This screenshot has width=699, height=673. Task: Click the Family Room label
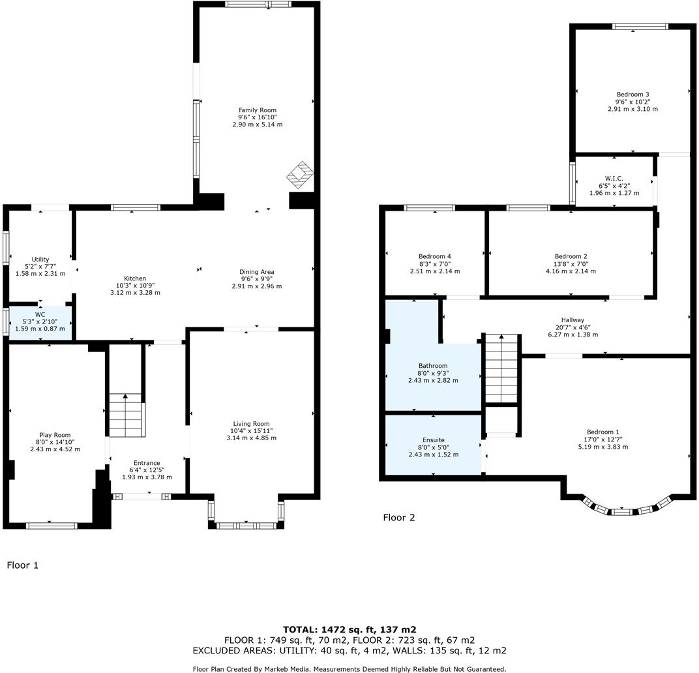pos(257,110)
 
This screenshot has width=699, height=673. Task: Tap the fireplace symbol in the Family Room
pos(300,173)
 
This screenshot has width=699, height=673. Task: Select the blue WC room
pos(40,322)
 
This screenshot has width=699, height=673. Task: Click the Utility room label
pos(40,260)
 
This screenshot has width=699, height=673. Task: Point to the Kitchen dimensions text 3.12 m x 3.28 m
pos(135,293)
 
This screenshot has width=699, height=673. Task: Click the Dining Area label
pos(257,271)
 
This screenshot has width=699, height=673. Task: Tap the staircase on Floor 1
pos(126,415)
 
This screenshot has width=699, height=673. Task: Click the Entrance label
pos(147,463)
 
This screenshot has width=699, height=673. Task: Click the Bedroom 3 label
pos(632,95)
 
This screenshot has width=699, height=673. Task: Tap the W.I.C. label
pos(614,178)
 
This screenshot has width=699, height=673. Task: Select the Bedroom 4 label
pos(434,256)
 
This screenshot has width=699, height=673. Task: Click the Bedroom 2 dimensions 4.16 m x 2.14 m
pos(571,271)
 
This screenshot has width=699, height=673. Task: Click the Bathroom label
pos(433,366)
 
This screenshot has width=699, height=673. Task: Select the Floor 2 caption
pos(398,518)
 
